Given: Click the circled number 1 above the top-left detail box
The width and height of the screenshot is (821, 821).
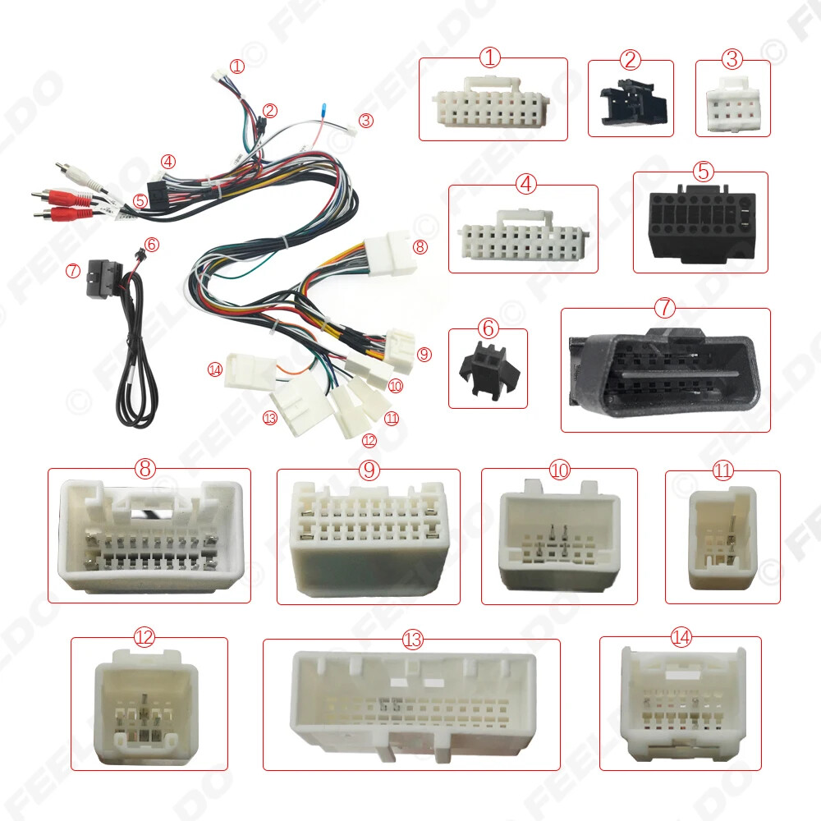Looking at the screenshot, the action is point(490,57).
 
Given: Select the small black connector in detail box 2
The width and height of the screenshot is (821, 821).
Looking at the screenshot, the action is point(633,103).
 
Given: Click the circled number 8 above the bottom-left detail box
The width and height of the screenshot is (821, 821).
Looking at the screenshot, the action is point(145,468).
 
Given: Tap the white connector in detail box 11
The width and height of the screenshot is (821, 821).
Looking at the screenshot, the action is point(722,538).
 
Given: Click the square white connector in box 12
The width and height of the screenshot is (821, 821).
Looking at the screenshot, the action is point(146,706).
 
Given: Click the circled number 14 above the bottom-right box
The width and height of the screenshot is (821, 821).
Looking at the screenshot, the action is point(681,637).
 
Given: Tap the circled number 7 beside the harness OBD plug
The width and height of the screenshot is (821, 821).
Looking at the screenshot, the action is point(73,270).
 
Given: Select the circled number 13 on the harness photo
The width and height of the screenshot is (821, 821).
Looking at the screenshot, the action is point(269,418).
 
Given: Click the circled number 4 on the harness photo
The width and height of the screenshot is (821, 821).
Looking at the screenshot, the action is point(168,161).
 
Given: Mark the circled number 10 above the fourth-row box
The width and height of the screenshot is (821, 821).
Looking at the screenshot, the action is point(559,470).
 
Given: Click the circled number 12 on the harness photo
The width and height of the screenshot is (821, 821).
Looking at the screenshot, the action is point(369,440).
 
